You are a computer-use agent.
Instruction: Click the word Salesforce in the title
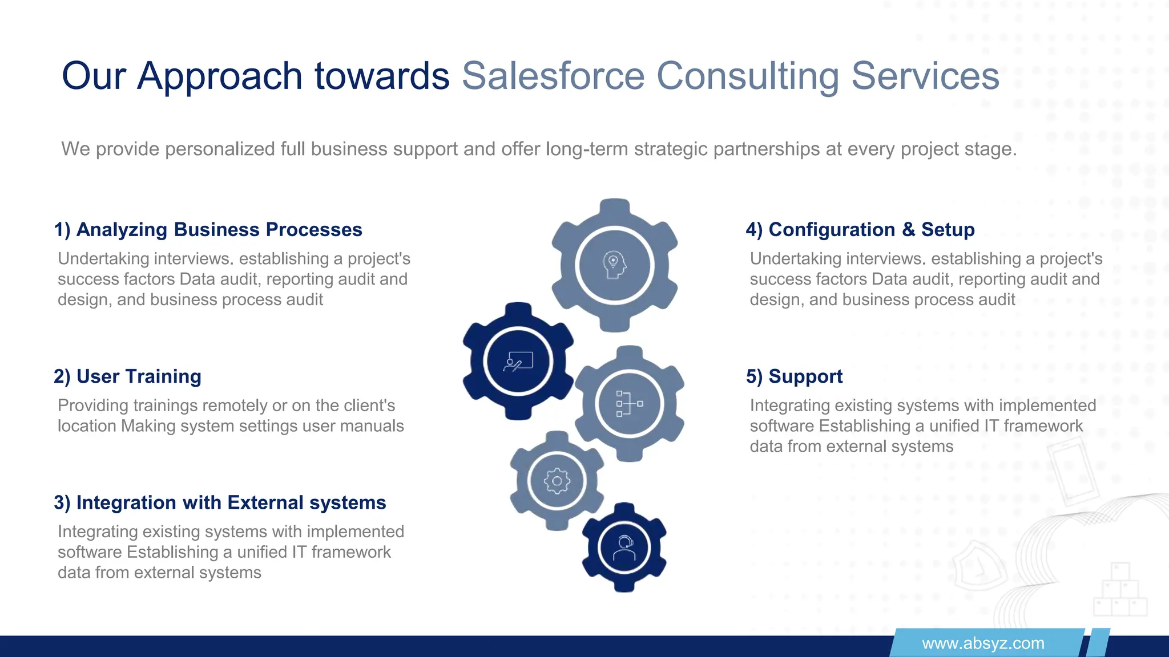pyautogui.click(x=553, y=76)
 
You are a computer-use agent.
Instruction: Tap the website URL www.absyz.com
pyautogui.click(x=983, y=643)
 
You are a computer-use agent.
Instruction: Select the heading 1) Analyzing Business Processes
pyautogui.click(x=208, y=229)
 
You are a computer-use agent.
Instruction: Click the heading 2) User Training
pyautogui.click(x=128, y=376)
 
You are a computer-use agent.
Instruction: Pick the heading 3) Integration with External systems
pyautogui.click(x=220, y=502)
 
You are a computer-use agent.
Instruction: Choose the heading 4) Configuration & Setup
pyautogui.click(x=860, y=229)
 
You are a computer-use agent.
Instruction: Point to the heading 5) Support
pyautogui.click(x=794, y=376)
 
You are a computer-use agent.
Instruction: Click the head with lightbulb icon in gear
pyautogui.click(x=614, y=265)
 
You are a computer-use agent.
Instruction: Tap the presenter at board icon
pyautogui.click(x=518, y=362)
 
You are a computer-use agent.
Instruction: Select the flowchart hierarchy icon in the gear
pyautogui.click(x=629, y=403)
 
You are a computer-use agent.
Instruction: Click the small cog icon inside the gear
pyautogui.click(x=557, y=481)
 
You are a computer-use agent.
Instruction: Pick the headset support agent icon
pyautogui.click(x=624, y=547)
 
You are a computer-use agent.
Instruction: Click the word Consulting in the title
pyautogui.click(x=747, y=76)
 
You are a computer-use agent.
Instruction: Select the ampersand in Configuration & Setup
pyautogui.click(x=908, y=229)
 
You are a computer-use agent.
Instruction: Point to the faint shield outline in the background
pyautogui.click(x=977, y=567)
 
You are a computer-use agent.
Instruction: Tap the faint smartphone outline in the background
pyautogui.click(x=1073, y=471)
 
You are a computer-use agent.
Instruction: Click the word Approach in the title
pyautogui.click(x=220, y=76)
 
